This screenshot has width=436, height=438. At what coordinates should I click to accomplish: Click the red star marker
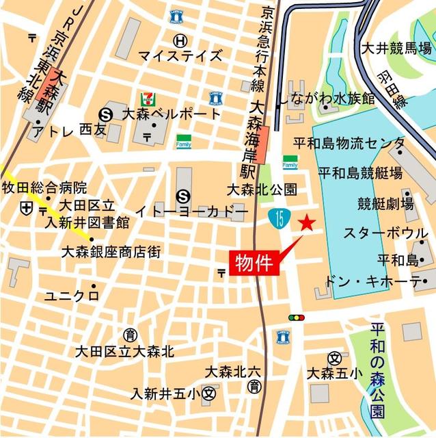(x=308, y=222)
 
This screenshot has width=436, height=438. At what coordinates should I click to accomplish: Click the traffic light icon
(x=296, y=318)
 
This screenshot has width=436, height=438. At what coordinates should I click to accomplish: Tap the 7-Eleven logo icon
(x=146, y=99)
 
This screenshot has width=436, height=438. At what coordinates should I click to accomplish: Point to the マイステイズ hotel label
(x=180, y=55)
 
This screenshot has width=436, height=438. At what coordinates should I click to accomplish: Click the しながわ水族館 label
(x=326, y=98)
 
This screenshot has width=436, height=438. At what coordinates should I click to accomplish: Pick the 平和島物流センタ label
(x=349, y=144)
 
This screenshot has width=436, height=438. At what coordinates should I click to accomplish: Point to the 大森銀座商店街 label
(x=111, y=252)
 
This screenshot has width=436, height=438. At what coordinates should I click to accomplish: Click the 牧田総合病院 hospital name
(x=44, y=188)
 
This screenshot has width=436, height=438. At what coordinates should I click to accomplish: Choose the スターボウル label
(x=386, y=233)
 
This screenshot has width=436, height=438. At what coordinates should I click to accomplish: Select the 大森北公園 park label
(x=262, y=190)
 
